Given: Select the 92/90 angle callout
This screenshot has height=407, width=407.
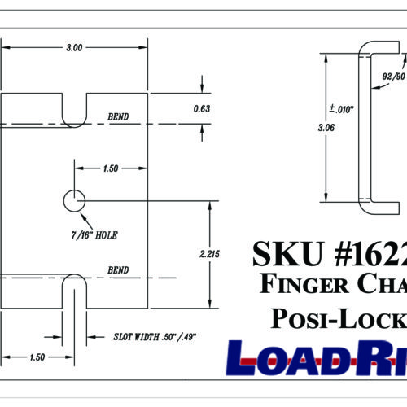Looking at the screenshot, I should [393, 76].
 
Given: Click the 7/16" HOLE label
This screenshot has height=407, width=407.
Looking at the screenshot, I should [95, 234].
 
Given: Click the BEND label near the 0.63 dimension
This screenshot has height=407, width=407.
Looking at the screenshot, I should [118, 116].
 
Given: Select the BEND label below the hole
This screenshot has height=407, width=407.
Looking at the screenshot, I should [118, 269].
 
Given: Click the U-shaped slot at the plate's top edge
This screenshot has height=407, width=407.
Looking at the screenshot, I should [74, 110].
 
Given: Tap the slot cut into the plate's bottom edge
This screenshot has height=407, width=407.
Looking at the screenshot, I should [73, 293].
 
